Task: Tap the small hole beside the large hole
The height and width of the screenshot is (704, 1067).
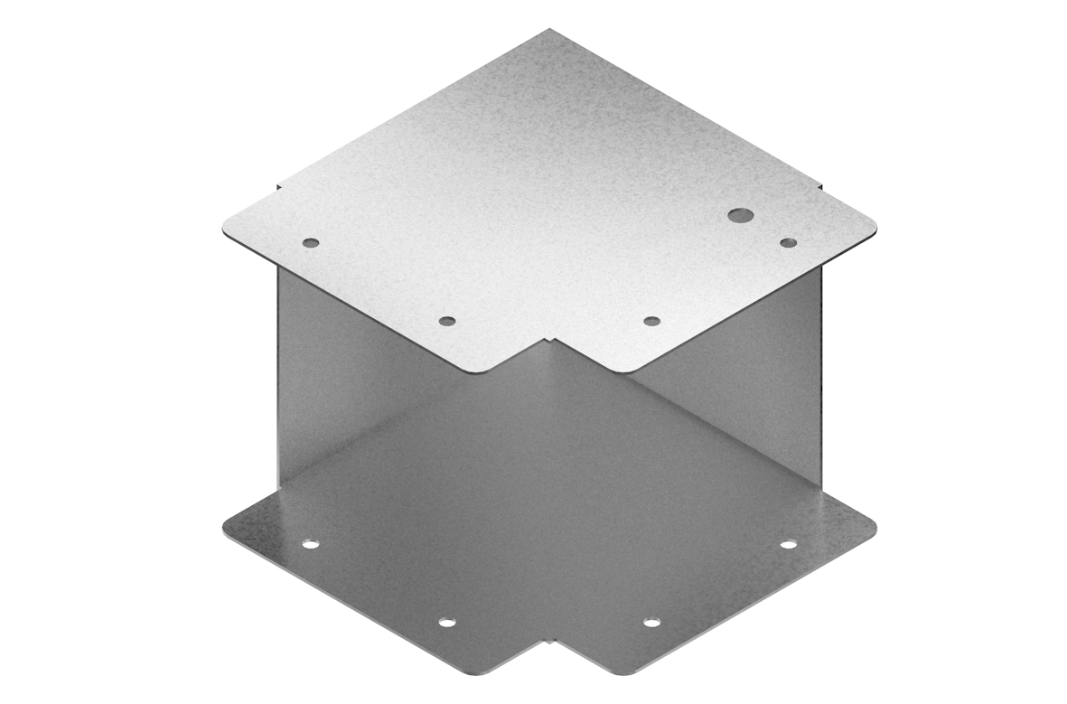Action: coord(788,242)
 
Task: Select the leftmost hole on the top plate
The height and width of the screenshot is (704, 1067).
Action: coord(310,242)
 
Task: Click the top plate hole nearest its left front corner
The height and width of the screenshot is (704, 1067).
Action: coord(446,321)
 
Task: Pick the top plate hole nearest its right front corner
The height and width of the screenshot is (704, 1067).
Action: coord(650,321)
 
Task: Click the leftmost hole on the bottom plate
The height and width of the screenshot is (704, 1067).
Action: coord(310,545)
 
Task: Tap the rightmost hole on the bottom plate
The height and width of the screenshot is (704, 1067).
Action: coord(788,544)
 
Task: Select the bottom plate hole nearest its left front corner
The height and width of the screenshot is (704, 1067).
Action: coord(446,623)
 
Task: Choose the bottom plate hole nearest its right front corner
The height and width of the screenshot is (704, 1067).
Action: coord(650,623)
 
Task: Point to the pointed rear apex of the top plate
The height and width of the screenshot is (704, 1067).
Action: coord(548,31)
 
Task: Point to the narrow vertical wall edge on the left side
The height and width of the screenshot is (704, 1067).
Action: coord(275,380)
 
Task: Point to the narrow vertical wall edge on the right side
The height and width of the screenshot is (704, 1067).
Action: coord(823,380)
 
